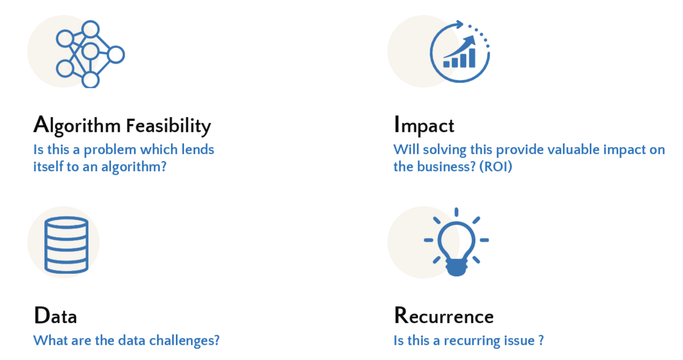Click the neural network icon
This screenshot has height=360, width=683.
coord(90,54)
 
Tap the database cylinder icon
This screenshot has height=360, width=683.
coord(66,245)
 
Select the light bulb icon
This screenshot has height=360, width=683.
coord(456,242)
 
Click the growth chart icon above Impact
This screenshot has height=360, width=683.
coord(460,51)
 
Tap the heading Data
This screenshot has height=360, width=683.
coord(55,315)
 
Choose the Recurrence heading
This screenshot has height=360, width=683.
coord(444,315)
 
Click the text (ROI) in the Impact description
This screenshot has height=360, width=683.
coord(496,167)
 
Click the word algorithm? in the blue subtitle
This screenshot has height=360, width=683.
coord(134,167)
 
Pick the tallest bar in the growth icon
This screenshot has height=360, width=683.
coord(472,58)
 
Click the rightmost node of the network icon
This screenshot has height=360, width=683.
coord(116,54)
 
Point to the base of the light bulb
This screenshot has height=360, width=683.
coord(456,267)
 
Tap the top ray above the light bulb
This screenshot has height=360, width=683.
coord(456,212)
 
